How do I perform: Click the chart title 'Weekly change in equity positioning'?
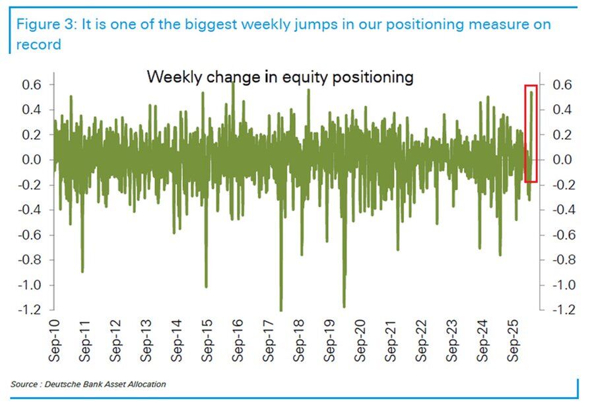point(280,77)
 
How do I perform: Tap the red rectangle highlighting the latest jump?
point(531,133)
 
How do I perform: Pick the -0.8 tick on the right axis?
point(556,260)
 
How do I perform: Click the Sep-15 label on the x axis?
point(207,340)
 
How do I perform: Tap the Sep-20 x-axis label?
point(360,340)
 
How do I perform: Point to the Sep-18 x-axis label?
point(299,340)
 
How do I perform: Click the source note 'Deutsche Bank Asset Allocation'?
point(105,384)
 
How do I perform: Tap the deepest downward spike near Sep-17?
point(280,309)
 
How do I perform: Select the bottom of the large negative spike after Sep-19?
point(344,305)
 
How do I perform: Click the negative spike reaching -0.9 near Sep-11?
point(82,270)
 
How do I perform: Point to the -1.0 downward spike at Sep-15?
point(206,286)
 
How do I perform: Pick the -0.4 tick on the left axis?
point(31,210)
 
